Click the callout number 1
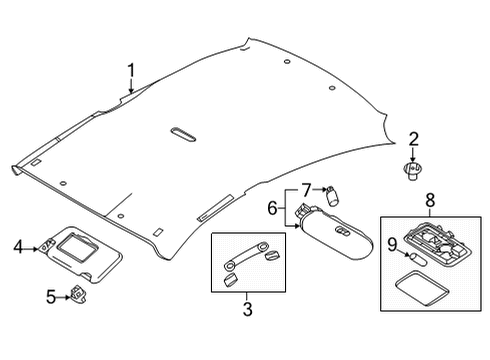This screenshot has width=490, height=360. pyautogui.click(x=131, y=69)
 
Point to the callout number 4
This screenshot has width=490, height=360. pyautogui.click(x=18, y=246)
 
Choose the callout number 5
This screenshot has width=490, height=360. pyautogui.click(x=50, y=295)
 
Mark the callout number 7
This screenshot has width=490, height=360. pyautogui.click(x=307, y=188)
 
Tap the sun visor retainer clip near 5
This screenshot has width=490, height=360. pyautogui.click(x=77, y=295)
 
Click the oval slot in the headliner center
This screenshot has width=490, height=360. pyautogui.click(x=186, y=132)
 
